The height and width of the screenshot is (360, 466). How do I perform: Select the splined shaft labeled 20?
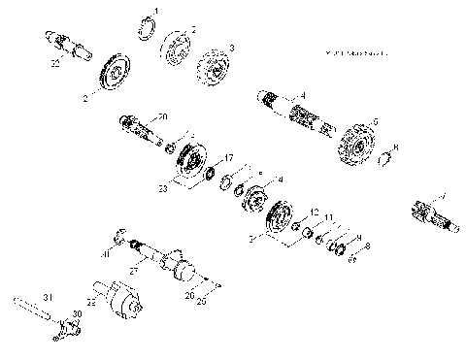140,130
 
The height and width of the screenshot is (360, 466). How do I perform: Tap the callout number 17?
229,156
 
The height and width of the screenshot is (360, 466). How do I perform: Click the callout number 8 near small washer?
366,246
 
